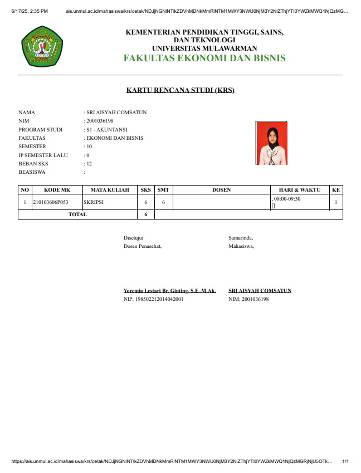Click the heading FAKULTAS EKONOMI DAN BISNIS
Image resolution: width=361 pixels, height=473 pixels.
tap(204, 58)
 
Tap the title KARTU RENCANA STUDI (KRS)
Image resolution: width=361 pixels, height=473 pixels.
tap(180, 90)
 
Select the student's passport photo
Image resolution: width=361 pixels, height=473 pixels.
tap(271, 143)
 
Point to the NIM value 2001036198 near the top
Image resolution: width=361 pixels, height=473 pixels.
tap(100, 121)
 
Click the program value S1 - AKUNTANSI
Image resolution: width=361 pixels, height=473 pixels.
tap(106, 129)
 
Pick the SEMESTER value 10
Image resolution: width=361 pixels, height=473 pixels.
tap(89, 147)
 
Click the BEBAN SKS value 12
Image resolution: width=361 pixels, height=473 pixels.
tap(89, 164)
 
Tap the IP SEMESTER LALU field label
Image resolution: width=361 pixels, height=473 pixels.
tap(43, 155)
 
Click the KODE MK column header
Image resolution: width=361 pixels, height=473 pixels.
tap(57, 190)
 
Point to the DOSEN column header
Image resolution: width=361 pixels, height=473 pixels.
tap(221, 190)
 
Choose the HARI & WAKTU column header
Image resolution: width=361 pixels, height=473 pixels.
tap(300, 190)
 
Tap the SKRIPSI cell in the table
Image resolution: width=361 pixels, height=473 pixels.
tap(94, 202)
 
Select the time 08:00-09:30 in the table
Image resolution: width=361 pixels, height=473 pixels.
tap(287, 199)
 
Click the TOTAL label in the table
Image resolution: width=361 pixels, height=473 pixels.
tap(77, 214)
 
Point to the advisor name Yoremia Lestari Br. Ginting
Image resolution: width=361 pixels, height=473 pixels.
tap(169, 291)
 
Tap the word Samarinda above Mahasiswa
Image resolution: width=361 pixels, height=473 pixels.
tap(240, 238)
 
